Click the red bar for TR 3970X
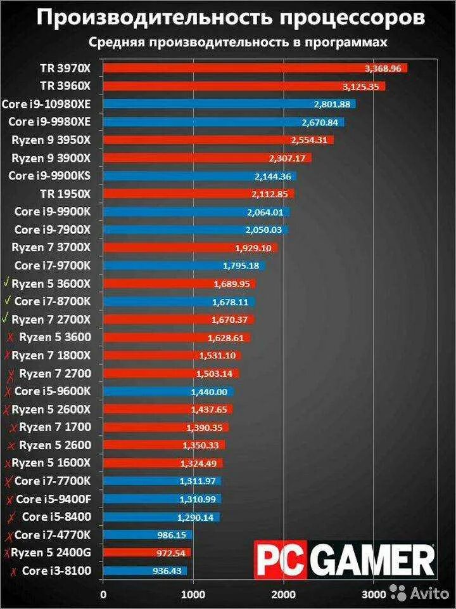[253, 68]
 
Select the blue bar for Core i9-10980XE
[228, 103]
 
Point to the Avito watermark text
[432, 594]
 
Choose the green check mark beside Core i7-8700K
[7, 301]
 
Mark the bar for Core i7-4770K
[147, 535]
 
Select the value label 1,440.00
[209, 392]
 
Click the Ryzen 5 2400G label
[51, 553]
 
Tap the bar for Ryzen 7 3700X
[190, 247]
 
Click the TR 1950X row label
[65, 193]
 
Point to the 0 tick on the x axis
[103, 594]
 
